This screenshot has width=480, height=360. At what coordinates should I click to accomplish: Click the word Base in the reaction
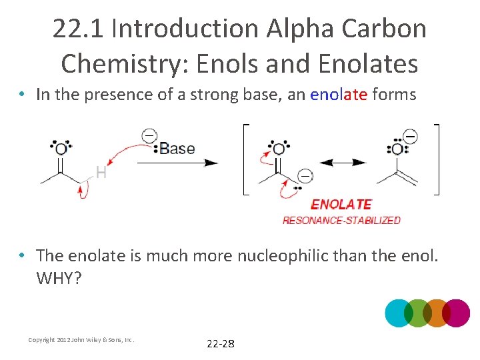tap(177, 148)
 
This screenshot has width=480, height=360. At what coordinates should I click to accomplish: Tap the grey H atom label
tap(101, 173)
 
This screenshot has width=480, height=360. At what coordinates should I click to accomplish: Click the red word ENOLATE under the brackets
tap(341, 205)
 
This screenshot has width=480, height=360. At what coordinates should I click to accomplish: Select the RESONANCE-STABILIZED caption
tap(341, 220)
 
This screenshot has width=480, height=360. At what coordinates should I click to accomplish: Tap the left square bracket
tap(245, 159)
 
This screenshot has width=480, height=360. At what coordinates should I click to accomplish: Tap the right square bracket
tap(437, 159)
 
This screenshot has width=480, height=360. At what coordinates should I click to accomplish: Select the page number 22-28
tap(221, 344)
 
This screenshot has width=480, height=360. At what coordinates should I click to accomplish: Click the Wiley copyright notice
tap(81, 340)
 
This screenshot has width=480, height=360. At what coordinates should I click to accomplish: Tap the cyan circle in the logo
tap(399, 313)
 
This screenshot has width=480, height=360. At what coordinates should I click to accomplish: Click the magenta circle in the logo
tap(457, 313)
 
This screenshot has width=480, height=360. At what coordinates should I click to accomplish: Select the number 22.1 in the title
tap(79, 29)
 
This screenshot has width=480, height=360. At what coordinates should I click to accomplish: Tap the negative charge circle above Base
tap(149, 135)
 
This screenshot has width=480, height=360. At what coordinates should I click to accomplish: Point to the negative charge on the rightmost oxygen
tap(410, 136)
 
